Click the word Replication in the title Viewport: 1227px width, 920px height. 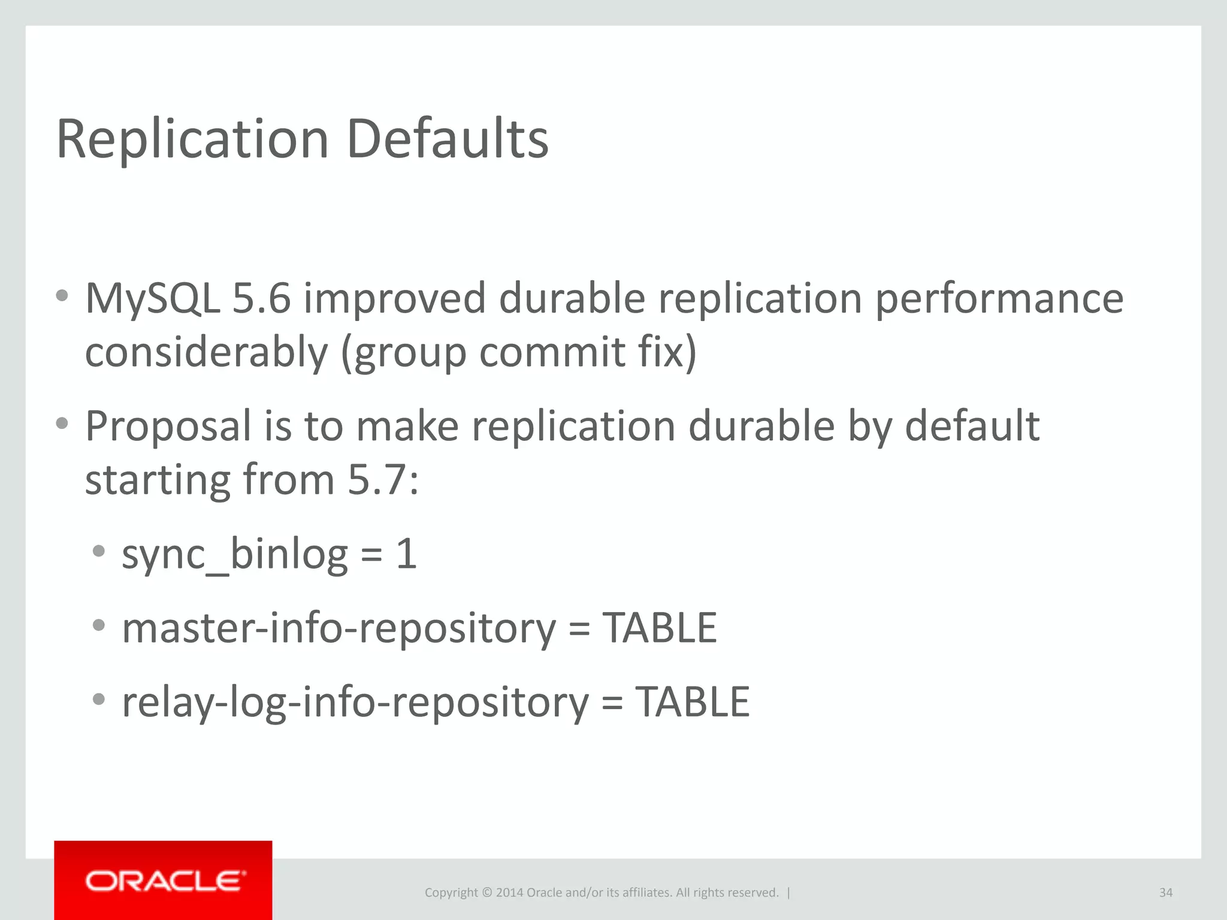coord(192,139)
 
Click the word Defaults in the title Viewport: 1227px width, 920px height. coord(448,139)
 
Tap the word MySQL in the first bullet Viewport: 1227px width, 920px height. coord(152,298)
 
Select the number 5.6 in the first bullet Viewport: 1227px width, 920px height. coord(261,298)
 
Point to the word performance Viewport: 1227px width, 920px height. coord(999,298)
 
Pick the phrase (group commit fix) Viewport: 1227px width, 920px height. coord(519,352)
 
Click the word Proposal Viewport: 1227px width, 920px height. coord(168,426)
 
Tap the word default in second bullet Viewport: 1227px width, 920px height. coord(972,426)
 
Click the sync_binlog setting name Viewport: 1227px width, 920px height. coord(235,554)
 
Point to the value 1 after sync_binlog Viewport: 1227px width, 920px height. coord(406,554)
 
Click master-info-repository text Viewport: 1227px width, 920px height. coord(339,628)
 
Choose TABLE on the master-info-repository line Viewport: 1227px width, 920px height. coord(660,628)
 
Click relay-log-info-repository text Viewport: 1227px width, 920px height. coord(355,703)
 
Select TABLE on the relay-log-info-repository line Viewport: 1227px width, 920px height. coord(693,703)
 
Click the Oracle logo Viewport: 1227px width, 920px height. coord(164,881)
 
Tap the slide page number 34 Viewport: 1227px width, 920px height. coord(1165,892)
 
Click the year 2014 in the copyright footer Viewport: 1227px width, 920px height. coord(509,892)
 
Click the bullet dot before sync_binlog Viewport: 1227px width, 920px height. coord(99,550)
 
